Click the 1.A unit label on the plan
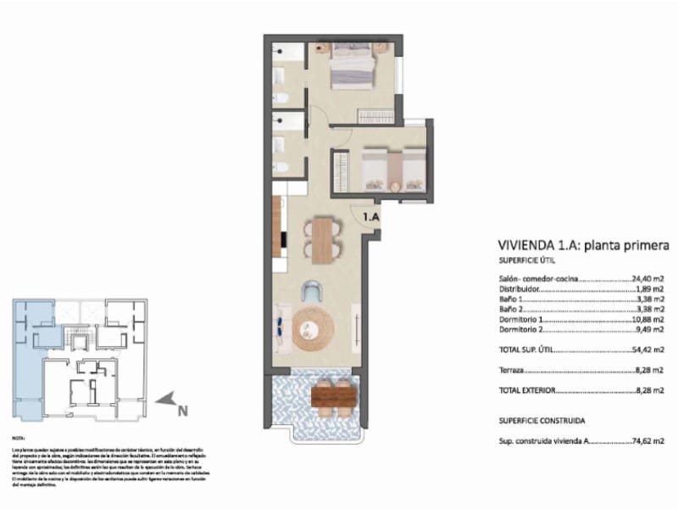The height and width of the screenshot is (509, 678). [370, 217]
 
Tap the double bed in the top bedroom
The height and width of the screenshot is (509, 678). [350, 67]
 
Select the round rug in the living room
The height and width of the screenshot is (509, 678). [314, 329]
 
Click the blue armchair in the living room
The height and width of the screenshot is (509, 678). [313, 292]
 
